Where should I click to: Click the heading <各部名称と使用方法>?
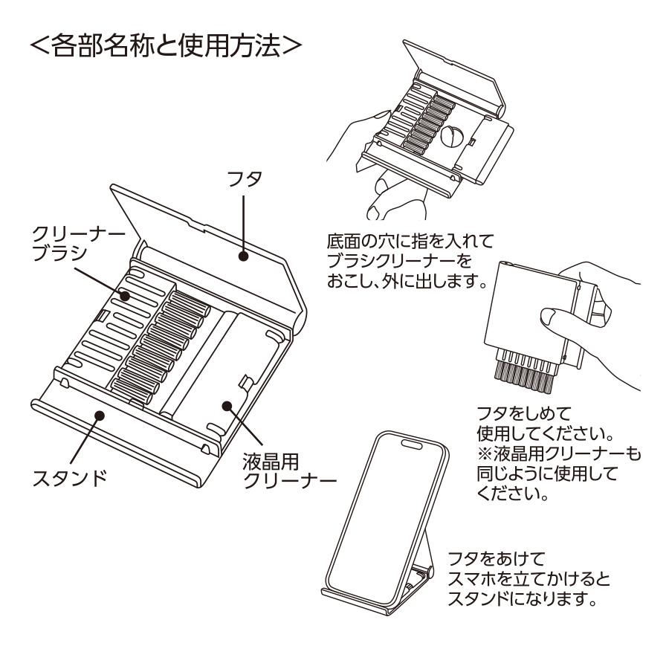pyautogui.click(x=164, y=46)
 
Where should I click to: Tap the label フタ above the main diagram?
pyautogui.click(x=243, y=181)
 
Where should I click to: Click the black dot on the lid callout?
pyautogui.click(x=243, y=256)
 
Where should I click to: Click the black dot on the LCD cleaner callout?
pyautogui.click(x=228, y=406)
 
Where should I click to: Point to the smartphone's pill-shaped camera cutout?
pyautogui.click(x=409, y=444)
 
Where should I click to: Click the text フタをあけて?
pyautogui.click(x=488, y=557)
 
